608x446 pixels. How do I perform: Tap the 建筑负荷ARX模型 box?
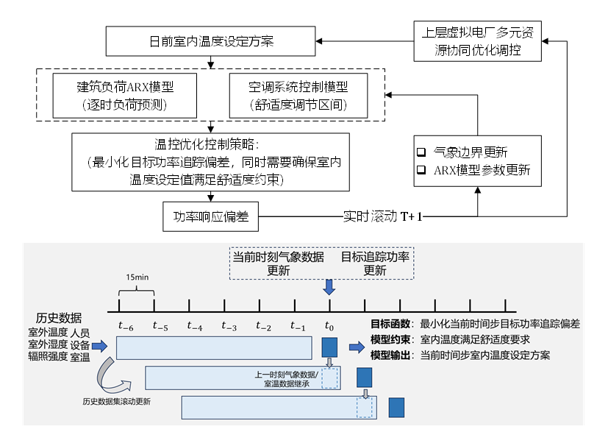point(125,95)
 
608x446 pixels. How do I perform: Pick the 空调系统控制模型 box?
point(298,95)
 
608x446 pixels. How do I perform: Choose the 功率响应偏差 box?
point(211,217)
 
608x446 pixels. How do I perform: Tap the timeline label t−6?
point(126,325)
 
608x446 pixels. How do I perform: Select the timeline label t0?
point(329,325)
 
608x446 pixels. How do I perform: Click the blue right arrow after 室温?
point(100,345)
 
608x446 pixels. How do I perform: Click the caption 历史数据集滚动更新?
point(118,402)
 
